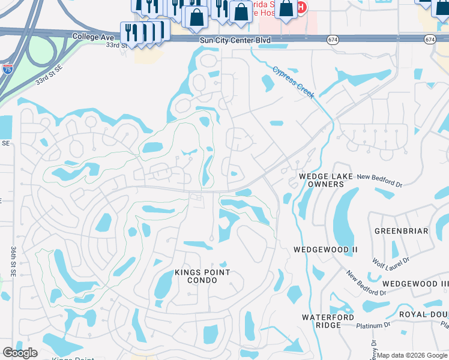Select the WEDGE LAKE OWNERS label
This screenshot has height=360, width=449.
point(321,180)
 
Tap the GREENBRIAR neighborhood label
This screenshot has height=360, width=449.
point(401,231)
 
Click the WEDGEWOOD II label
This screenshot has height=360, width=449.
point(325,249)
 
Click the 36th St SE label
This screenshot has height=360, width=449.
point(13,261)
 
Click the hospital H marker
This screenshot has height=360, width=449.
point(301,7)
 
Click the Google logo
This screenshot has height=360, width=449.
point(20,352)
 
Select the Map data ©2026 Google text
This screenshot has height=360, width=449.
point(412,355)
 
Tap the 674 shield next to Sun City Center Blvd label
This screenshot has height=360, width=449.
point(333,40)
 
